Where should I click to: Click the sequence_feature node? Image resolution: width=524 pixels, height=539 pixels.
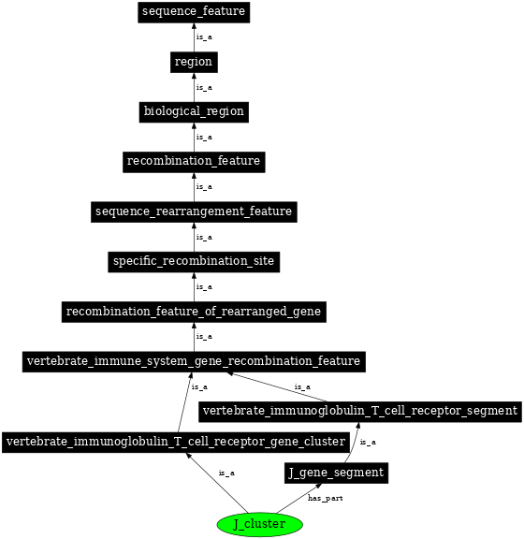[x=194, y=12]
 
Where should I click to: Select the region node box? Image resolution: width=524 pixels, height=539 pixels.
[x=194, y=62]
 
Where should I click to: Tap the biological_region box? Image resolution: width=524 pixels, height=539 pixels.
[x=194, y=111]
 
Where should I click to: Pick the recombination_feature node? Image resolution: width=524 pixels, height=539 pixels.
[x=194, y=161]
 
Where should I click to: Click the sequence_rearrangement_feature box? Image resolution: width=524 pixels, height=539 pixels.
[x=194, y=211]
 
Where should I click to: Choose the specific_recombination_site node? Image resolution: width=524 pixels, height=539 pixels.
[x=194, y=261]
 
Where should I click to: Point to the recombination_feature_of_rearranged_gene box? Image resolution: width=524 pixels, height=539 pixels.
[x=194, y=311]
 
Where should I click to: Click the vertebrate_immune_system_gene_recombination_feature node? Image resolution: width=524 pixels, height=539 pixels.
[x=194, y=361]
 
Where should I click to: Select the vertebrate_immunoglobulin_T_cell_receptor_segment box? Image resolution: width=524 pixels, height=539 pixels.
[x=360, y=411]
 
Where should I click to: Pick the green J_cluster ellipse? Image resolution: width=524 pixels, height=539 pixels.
[x=259, y=524]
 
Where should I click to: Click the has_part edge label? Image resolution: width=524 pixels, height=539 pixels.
[x=326, y=498]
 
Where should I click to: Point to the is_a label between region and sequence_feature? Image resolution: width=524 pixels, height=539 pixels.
[x=204, y=37]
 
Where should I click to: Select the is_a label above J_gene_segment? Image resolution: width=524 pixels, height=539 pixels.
[x=368, y=443]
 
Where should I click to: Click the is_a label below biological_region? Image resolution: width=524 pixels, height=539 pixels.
[x=204, y=137]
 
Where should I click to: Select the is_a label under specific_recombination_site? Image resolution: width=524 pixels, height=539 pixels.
[x=204, y=286]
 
